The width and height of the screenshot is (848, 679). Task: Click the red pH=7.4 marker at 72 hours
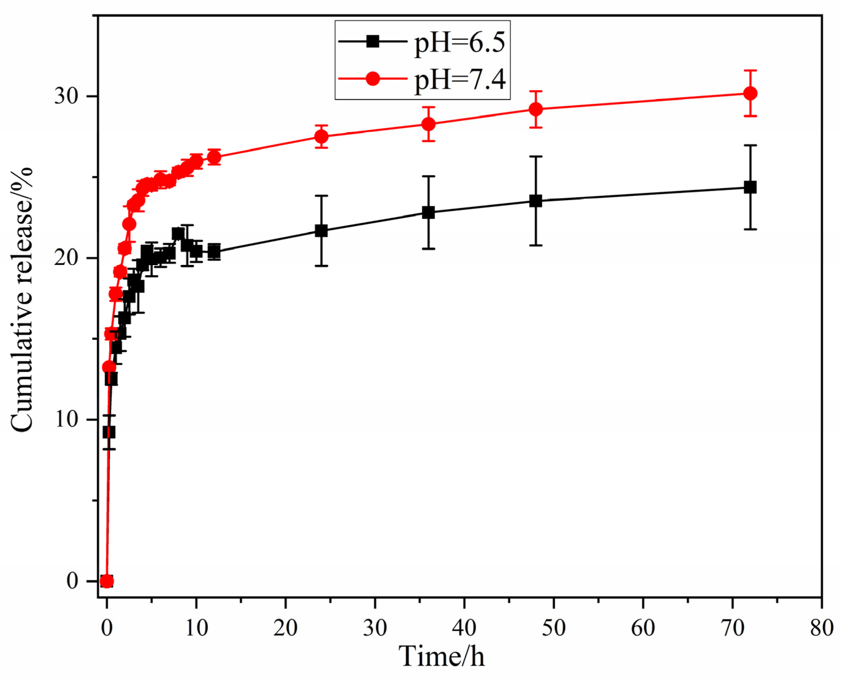click(x=751, y=93)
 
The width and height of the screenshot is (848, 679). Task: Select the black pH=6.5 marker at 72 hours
click(x=751, y=187)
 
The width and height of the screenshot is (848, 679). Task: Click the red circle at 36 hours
click(x=428, y=124)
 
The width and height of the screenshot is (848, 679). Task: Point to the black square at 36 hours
click(x=428, y=213)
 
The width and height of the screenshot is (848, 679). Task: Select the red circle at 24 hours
click(x=321, y=136)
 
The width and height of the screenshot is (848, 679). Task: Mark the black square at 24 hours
click(x=321, y=231)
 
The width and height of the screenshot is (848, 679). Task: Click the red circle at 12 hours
click(x=214, y=157)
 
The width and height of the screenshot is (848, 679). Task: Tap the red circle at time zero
click(x=107, y=581)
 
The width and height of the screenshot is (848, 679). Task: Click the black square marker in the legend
click(x=372, y=41)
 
